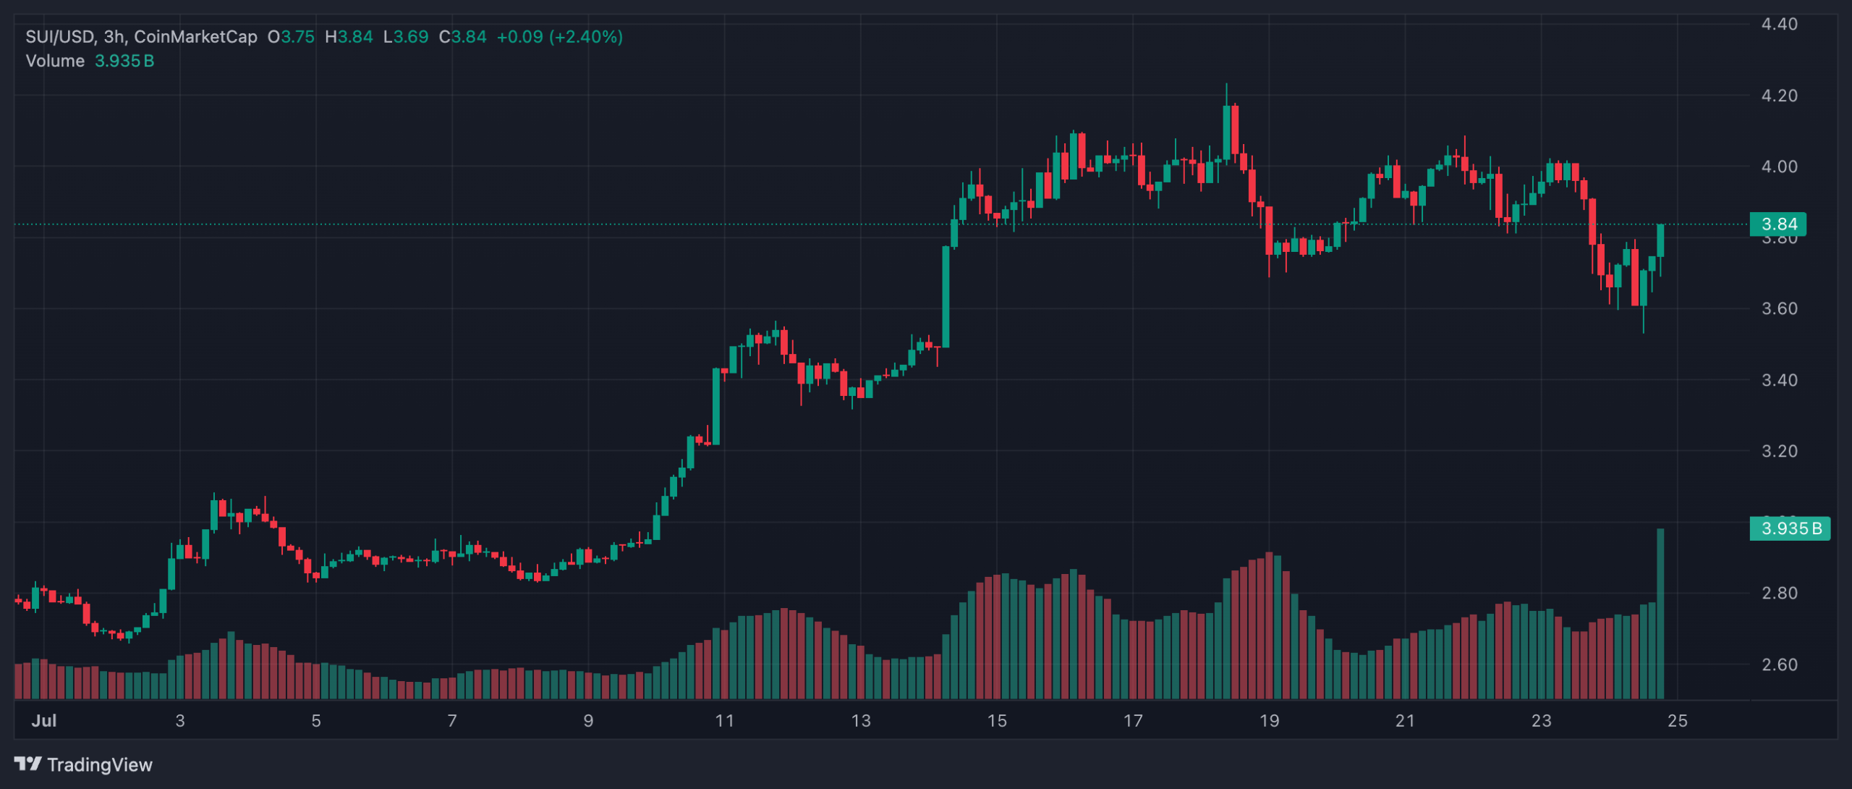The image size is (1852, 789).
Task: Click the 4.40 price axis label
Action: pos(1779,25)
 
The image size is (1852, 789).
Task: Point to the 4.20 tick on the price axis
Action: pos(1779,96)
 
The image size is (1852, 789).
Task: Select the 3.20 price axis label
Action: pos(1779,451)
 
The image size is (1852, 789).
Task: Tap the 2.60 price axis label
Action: pos(1779,664)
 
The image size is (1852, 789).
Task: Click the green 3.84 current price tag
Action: pos(1777,224)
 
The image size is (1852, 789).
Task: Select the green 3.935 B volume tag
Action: pos(1790,528)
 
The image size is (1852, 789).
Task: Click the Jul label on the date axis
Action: pos(44,720)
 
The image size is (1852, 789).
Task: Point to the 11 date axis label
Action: pos(724,720)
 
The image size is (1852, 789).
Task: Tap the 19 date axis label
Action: pos(1269,720)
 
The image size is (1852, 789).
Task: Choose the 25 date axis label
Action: pos(1677,720)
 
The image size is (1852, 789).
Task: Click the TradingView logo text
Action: pos(99,765)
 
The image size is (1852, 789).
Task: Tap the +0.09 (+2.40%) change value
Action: pos(559,37)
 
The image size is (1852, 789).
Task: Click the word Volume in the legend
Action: pos(55,61)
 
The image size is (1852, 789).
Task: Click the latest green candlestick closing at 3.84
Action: pos(1660,240)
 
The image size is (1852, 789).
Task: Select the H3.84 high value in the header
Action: pos(349,37)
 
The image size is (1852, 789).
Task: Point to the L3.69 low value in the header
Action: pos(406,37)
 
